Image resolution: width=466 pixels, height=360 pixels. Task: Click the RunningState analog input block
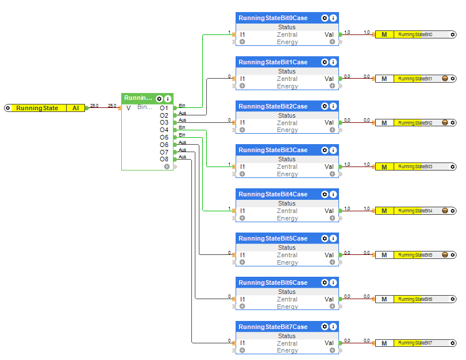(37, 108)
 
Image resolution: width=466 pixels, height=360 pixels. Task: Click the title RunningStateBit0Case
(273, 18)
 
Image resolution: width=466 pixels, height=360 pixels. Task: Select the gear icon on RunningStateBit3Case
(325, 150)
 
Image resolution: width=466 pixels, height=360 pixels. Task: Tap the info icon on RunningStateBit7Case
(333, 327)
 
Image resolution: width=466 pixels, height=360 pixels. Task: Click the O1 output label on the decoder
(164, 108)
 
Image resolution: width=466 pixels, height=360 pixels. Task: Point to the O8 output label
(164, 159)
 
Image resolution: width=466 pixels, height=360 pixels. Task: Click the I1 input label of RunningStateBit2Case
(242, 122)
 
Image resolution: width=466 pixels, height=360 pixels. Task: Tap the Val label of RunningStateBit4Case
(329, 211)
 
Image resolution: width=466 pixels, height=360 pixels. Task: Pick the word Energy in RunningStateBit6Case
(287, 307)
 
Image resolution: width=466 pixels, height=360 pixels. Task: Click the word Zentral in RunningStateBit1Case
(287, 79)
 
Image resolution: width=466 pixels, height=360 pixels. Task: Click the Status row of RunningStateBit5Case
(287, 247)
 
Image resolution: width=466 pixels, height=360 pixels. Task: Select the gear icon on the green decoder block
(160, 99)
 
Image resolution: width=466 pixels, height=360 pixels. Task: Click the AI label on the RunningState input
(76, 108)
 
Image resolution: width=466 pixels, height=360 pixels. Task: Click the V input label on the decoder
(128, 108)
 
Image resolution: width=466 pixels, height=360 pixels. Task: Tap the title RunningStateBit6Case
(273, 282)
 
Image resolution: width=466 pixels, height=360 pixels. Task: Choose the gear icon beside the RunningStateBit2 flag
(453, 123)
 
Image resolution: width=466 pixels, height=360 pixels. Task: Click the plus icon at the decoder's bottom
(167, 167)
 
